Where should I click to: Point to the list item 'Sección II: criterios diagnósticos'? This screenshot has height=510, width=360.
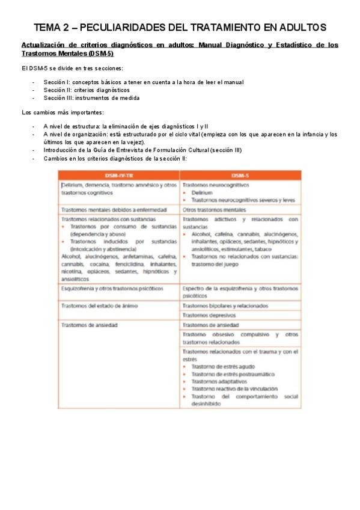tap(86, 90)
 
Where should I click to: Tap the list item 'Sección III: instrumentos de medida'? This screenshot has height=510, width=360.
tap(91, 97)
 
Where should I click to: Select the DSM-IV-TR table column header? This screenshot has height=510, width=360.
tap(119, 175)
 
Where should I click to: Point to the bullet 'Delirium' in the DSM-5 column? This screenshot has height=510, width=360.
tap(202, 193)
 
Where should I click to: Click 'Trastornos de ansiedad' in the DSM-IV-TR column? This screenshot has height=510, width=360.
tap(89, 325)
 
